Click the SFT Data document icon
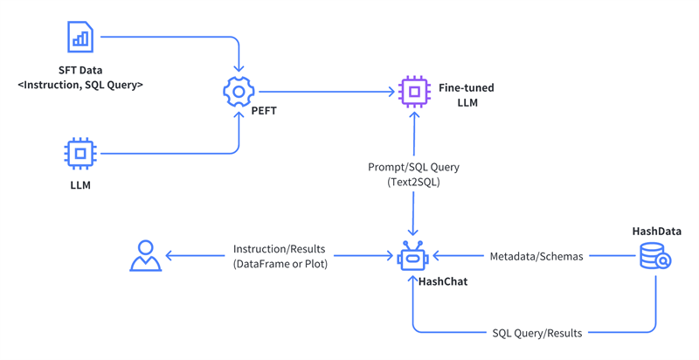point(80,37)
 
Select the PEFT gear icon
point(239,91)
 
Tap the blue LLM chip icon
point(80,153)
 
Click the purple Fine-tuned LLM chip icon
point(414,91)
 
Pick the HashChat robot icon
point(412,257)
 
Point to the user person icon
point(145,256)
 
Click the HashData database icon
point(654,255)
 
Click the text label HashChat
point(443,281)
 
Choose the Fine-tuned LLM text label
point(467,95)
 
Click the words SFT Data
point(80,69)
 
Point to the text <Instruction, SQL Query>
point(80,85)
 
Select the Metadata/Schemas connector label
point(536,256)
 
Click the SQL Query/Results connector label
point(536,333)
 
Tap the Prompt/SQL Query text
point(413,167)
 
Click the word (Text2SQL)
point(413,182)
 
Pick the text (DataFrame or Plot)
point(280,264)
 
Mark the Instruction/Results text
point(280,249)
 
